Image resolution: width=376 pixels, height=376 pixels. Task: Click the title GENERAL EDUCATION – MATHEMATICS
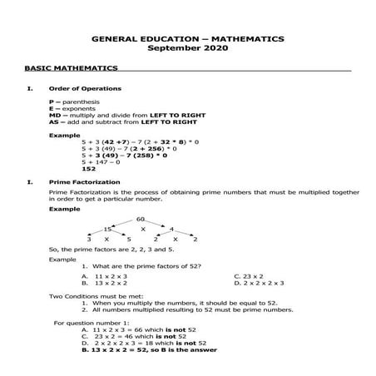pos(187,38)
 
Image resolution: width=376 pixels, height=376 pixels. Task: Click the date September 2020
pos(187,48)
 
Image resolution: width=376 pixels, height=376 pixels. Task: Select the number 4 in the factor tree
pos(171,228)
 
